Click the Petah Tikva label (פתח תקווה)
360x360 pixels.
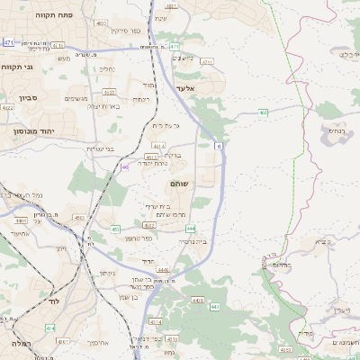[x=35, y=16]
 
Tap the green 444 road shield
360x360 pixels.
[x=191, y=229]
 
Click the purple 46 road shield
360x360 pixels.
[x=124, y=166]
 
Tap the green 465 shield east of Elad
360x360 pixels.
[x=264, y=112]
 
